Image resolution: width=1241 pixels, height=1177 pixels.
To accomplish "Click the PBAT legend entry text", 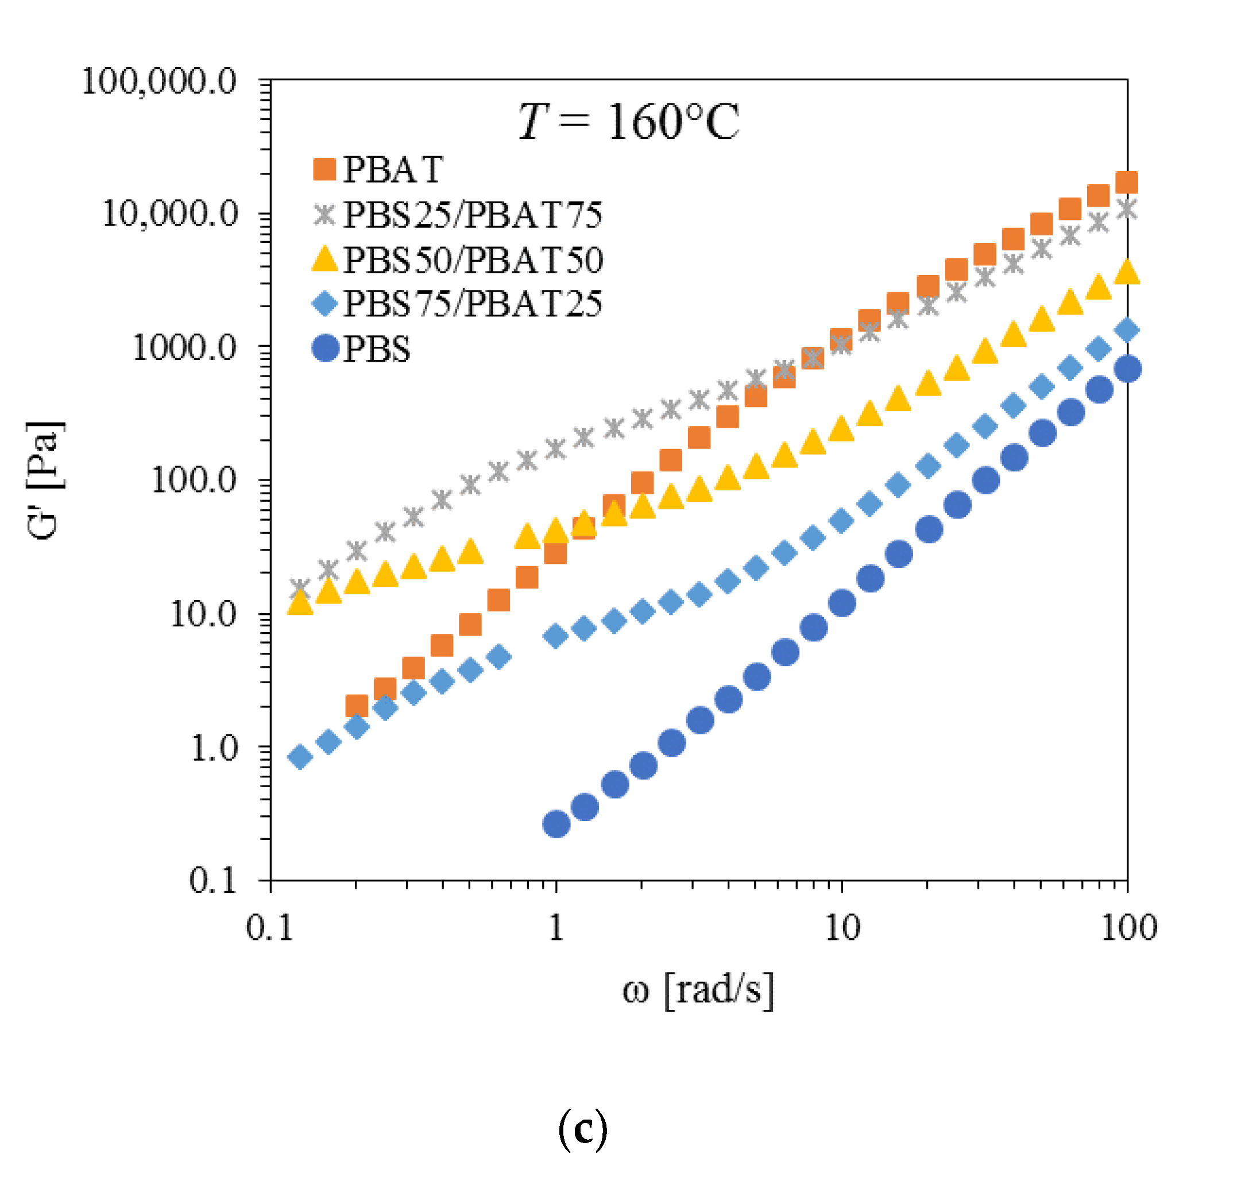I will (393, 169).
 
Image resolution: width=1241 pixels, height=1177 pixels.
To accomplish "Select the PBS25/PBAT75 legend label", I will (473, 215).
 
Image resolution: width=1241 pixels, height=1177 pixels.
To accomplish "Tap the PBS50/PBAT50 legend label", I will (473, 260).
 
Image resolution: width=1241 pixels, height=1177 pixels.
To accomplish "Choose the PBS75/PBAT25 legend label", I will (473, 304).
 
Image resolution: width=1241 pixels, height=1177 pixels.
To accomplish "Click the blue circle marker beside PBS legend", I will (326, 348).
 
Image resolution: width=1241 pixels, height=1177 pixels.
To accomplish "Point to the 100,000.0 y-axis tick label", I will (158, 82).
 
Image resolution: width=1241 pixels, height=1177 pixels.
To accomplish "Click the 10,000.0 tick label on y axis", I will (169, 214).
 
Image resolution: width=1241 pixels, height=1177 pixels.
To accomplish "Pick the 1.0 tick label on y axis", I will (213, 748).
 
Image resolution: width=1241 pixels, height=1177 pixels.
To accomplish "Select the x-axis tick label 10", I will (841, 927).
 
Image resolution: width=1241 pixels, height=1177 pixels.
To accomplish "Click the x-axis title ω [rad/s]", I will (698, 990).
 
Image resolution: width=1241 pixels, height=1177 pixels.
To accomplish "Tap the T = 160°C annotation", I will (628, 121).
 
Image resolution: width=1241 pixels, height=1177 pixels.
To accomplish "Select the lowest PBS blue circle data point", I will (556, 824).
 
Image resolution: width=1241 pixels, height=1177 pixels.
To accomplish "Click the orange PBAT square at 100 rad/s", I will (1127, 183).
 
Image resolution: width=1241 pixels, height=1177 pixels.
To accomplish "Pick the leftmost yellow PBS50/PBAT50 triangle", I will (300, 603).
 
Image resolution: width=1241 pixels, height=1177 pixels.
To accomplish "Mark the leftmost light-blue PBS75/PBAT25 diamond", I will (300, 757).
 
